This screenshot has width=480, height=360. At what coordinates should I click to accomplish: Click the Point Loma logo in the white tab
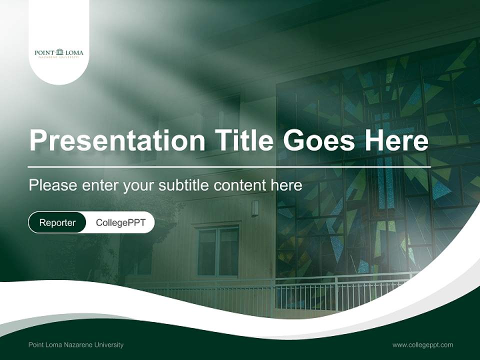[59, 53]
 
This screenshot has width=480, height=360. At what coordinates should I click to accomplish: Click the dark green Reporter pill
[57, 222]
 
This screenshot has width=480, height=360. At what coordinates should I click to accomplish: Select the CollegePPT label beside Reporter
[120, 222]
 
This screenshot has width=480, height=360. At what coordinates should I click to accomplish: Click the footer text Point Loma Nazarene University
[76, 344]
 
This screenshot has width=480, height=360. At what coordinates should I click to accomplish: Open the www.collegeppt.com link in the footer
[422, 344]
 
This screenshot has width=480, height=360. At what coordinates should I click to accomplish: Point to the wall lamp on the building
[255, 208]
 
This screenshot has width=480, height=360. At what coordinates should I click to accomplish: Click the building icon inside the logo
[60, 51]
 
